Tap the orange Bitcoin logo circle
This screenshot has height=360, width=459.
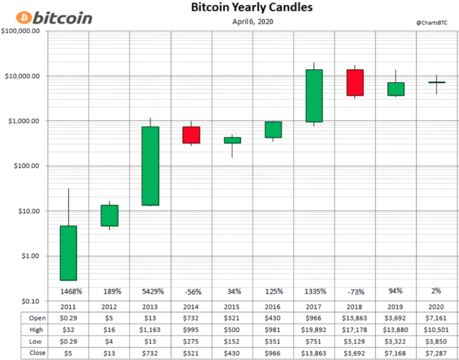coord(25,17)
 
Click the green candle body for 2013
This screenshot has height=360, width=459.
coord(150,166)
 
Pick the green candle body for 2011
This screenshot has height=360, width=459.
coord(68,253)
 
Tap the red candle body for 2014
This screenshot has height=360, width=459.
coord(191,135)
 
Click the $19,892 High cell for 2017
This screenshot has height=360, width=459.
coord(314,329)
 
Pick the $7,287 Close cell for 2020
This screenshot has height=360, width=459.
coord(437,353)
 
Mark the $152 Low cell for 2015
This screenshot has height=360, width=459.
coord(232,341)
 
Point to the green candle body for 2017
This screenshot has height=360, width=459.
coord(314,96)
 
